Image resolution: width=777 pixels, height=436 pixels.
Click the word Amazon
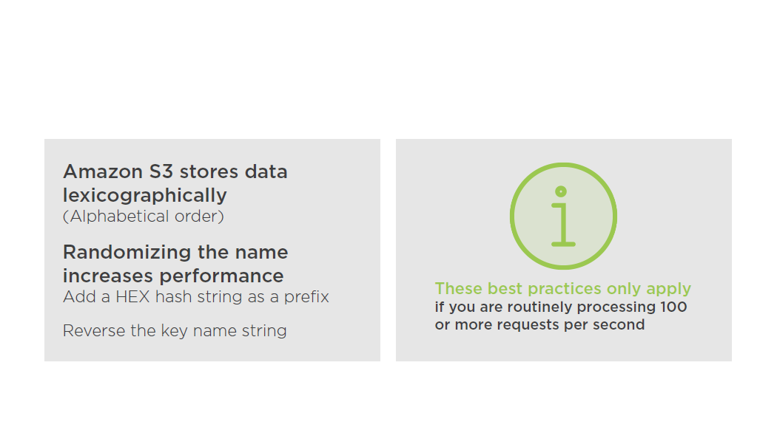click(x=103, y=171)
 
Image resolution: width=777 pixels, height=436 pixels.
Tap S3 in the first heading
click(x=161, y=171)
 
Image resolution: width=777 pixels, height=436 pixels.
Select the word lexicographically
click(x=145, y=196)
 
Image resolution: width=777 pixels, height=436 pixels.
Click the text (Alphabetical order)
click(x=144, y=217)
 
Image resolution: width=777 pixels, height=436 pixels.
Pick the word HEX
click(x=132, y=296)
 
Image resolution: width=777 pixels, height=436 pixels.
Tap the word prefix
click(x=306, y=297)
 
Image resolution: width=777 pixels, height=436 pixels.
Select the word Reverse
click(x=94, y=330)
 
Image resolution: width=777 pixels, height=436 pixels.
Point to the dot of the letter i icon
click(x=561, y=191)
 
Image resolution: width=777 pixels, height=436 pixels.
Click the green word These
click(x=458, y=288)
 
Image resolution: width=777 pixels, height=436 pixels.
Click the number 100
click(x=673, y=307)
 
